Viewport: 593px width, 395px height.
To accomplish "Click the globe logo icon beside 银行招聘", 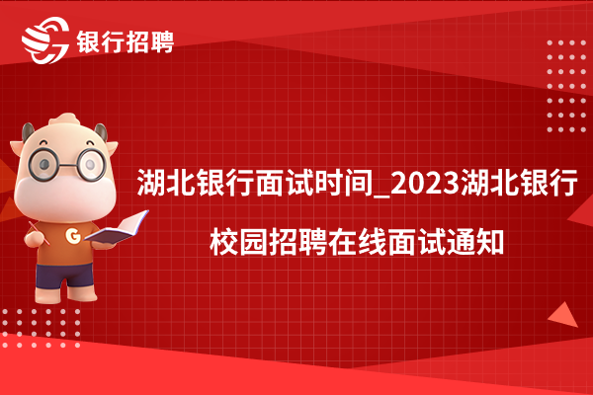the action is [x=45, y=40].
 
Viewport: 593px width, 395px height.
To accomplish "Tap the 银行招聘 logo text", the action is [x=126, y=41].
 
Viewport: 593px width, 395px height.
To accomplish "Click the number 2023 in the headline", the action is [x=425, y=183].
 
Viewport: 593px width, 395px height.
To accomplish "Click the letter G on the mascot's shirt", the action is [x=73, y=236].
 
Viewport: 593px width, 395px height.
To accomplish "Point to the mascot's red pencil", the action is [x=39, y=233].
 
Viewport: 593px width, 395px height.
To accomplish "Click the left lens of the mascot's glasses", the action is [x=44, y=164].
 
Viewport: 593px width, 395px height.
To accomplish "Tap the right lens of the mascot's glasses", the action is [x=91, y=164].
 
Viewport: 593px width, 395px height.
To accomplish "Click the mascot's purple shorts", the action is [x=64, y=276].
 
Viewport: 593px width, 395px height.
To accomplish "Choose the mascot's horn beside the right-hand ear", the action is [x=101, y=132].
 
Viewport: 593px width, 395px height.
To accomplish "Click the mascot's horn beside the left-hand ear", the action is [x=28, y=132].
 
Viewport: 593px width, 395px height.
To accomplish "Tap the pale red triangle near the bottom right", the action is [x=564, y=316].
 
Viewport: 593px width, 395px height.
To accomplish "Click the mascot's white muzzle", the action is [x=65, y=197].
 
